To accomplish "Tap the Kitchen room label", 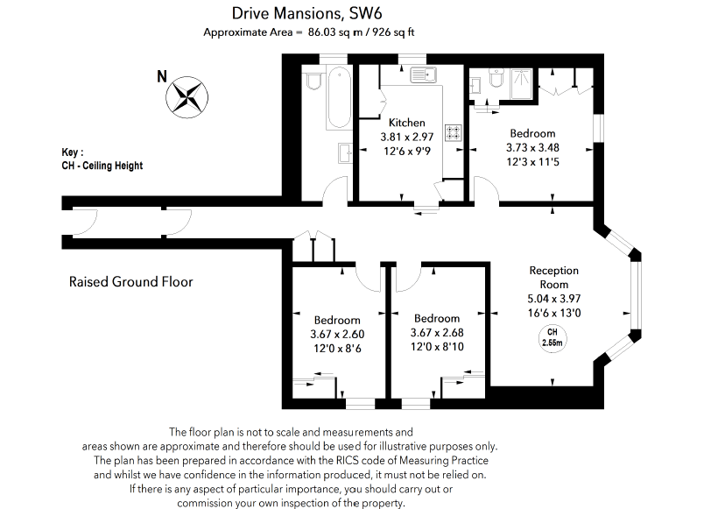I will point(407,124).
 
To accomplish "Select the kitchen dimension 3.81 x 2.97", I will point(407,138).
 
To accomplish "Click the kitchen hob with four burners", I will point(454,133).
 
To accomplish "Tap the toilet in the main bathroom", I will point(314,81).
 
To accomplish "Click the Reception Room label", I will point(554,278).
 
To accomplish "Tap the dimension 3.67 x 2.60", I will point(337,334).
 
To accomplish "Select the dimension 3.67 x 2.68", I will point(436,333).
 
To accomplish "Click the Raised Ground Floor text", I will point(130,282).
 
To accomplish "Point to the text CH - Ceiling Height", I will point(96,166).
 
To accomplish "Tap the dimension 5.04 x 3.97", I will point(553,298).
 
